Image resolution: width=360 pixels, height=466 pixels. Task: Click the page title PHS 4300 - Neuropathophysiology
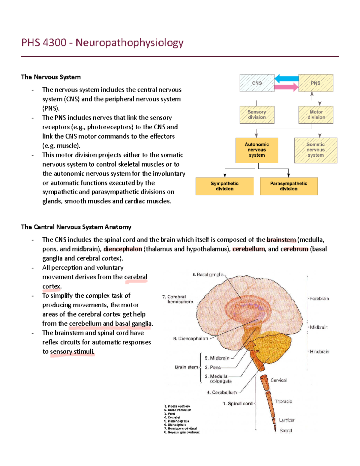(102, 43)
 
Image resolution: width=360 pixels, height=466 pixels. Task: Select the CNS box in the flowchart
(257, 83)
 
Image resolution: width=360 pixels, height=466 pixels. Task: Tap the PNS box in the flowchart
(316, 83)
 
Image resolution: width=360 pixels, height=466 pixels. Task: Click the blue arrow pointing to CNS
(286, 79)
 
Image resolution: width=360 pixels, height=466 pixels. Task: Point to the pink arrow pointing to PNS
(286, 87)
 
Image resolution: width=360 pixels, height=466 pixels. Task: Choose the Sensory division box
(257, 115)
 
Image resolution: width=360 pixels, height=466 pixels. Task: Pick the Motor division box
(316, 115)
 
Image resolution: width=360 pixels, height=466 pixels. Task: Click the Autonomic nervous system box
(257, 150)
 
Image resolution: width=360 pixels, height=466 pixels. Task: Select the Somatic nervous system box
(316, 150)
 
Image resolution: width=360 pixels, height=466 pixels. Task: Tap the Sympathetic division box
(224, 186)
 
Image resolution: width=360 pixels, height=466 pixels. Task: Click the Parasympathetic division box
(289, 186)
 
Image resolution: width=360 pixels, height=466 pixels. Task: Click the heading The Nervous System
(51, 77)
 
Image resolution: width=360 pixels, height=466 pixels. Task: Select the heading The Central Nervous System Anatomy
(76, 227)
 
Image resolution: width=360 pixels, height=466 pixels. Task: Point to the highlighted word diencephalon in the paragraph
(123, 249)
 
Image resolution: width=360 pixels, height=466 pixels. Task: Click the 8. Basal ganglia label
(208, 275)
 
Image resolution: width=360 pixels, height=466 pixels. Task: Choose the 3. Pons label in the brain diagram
(213, 367)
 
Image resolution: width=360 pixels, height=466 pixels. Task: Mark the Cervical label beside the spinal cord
(278, 380)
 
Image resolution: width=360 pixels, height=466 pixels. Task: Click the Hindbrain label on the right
(319, 352)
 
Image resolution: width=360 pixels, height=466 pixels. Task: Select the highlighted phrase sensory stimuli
(72, 352)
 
